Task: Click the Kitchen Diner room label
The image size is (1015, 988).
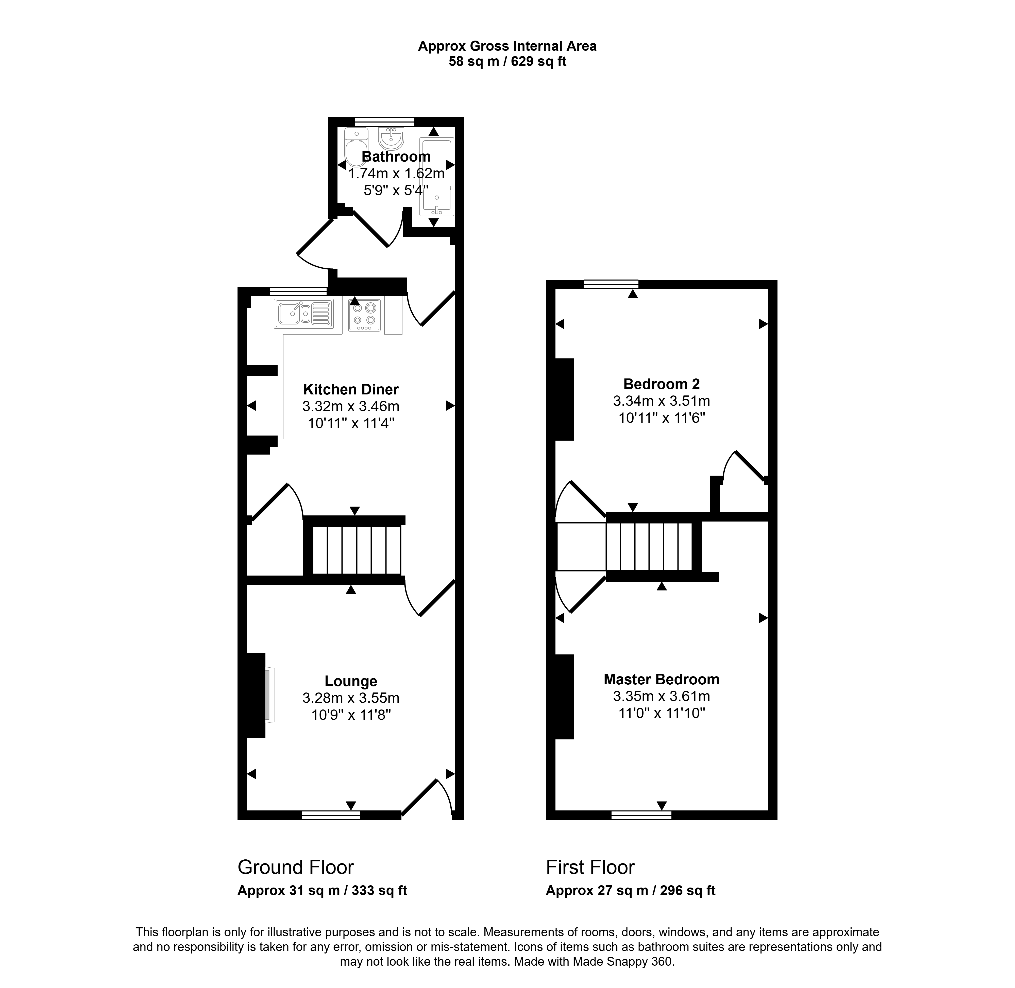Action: (351, 389)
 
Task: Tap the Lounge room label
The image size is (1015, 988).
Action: (351, 681)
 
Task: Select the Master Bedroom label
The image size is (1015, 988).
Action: (662, 679)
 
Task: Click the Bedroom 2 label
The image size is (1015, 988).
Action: (662, 384)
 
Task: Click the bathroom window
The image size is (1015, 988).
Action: (384, 122)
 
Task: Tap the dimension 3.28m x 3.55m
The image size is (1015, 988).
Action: (351, 698)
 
